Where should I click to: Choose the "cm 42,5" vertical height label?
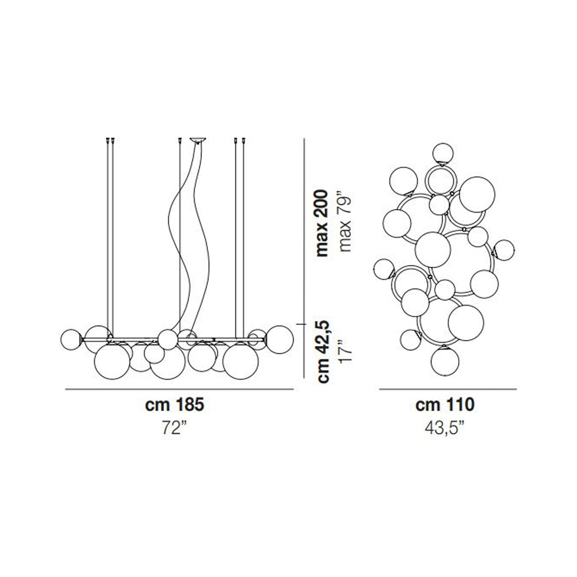(x=323, y=351)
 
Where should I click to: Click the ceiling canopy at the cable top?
(x=198, y=140)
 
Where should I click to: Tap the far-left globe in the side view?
(x=71, y=339)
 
